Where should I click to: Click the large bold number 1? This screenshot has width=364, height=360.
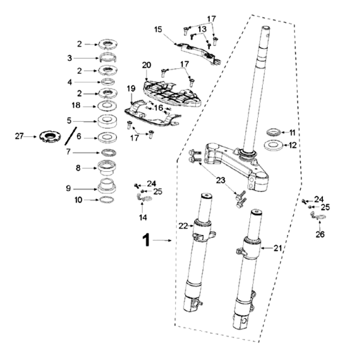tap(146, 240)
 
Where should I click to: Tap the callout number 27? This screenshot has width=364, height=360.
tap(19, 136)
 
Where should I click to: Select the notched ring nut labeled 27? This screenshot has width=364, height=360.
tap(50, 136)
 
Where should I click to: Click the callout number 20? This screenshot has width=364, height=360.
tap(147, 65)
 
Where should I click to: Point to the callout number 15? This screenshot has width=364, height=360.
tap(158, 30)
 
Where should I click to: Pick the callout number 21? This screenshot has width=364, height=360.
tap(277, 248)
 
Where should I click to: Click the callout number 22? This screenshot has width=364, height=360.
tap(183, 225)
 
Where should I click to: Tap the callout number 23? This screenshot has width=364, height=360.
tap(221, 180)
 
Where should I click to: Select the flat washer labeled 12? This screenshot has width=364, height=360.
tap(273, 145)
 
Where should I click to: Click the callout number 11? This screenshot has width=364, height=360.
tap(292, 133)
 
